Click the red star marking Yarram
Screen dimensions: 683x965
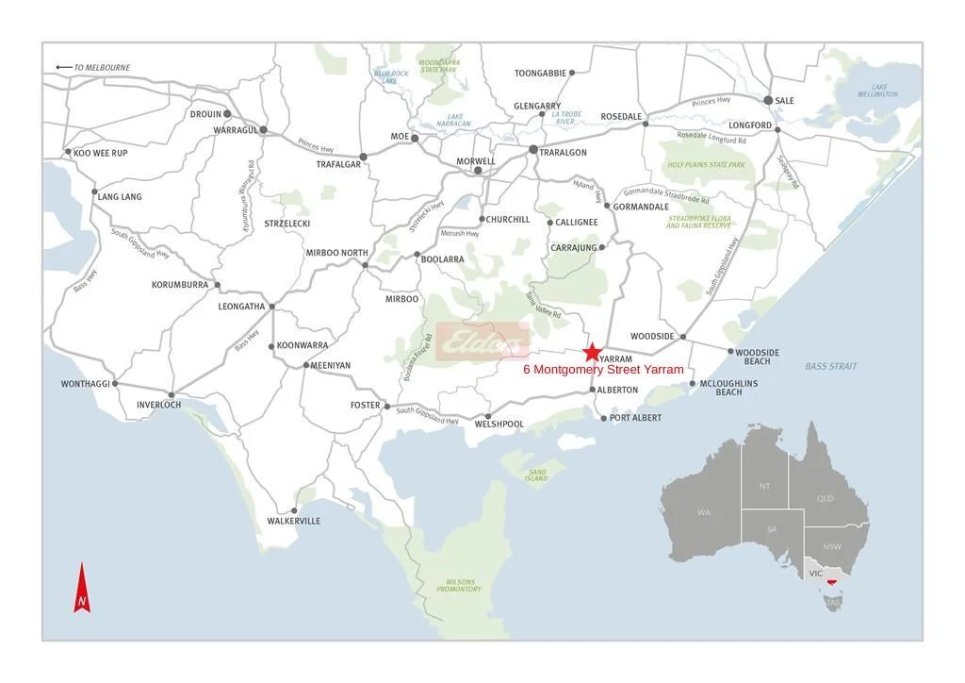(591, 352)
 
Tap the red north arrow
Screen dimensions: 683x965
(82, 589)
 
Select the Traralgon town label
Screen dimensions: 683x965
(564, 153)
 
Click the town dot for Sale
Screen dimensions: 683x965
(768, 100)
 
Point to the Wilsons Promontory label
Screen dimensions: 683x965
(459, 585)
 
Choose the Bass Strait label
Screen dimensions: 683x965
(830, 366)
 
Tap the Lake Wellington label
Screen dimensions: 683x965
(877, 90)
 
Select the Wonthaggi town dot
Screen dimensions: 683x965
(115, 384)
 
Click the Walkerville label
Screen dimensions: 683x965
(293, 521)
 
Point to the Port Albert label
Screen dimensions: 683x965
(635, 418)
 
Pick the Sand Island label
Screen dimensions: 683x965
(535, 475)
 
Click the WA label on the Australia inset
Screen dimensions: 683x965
(703, 512)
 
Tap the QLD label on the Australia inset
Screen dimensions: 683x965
(825, 498)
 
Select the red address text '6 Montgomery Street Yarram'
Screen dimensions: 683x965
(603, 370)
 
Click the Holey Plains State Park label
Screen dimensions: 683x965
(706, 165)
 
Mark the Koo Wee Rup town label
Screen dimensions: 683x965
(101, 153)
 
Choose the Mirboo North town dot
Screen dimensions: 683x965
(366, 264)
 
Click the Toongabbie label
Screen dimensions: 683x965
(540, 73)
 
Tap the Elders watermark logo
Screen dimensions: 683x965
(483, 340)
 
